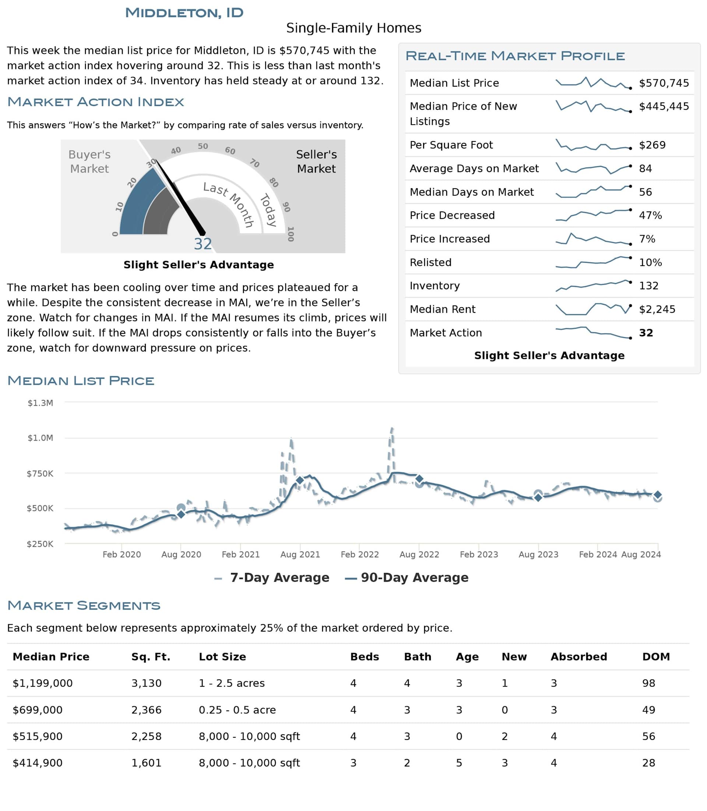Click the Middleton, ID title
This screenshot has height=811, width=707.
[184, 13]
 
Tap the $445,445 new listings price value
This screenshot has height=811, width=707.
[664, 106]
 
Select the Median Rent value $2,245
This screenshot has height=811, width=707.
[657, 309]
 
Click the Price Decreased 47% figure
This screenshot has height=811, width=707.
[650, 215]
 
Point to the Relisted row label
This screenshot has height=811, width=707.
[430, 262]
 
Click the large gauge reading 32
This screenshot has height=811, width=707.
[203, 244]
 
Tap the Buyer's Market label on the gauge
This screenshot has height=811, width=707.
[89, 161]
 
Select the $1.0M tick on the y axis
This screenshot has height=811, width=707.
[40, 438]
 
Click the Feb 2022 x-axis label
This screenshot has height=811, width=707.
[359, 554]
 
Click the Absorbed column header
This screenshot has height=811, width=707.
[579, 657]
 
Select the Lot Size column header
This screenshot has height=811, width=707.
[222, 657]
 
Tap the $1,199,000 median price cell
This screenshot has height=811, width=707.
[43, 684]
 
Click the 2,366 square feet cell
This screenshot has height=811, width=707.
[147, 710]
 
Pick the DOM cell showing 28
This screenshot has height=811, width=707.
[648, 763]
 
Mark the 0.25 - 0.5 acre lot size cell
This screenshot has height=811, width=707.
[237, 710]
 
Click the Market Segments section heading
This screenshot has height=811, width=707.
[84, 605]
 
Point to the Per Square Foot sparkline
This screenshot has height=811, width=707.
[593, 145]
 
